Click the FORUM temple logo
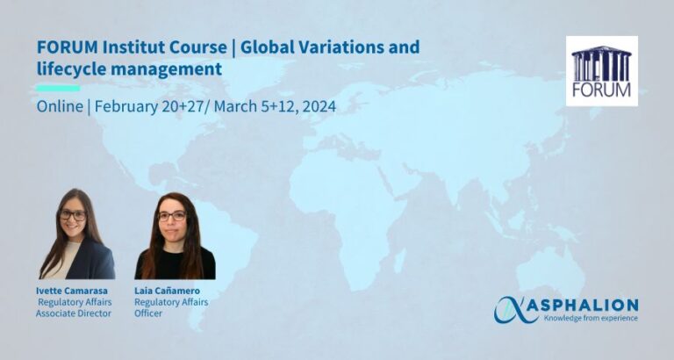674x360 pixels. click(602, 71)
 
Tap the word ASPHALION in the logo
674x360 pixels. click(583, 305)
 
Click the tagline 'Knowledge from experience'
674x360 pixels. click(591, 318)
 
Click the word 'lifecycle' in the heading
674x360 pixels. click(69, 68)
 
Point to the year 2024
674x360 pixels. click(319, 106)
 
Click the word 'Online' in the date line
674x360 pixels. click(60, 106)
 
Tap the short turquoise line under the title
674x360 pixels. click(58, 88)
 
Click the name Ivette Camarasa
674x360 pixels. click(72, 292)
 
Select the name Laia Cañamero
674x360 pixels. click(167, 292)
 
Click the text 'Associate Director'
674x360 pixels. click(74, 313)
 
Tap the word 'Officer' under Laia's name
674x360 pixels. click(148, 313)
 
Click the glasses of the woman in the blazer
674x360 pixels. click(73, 215)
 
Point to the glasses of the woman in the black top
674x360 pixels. click(172, 216)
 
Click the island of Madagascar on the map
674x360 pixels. click(400, 261)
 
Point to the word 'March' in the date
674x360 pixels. click(235, 106)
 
